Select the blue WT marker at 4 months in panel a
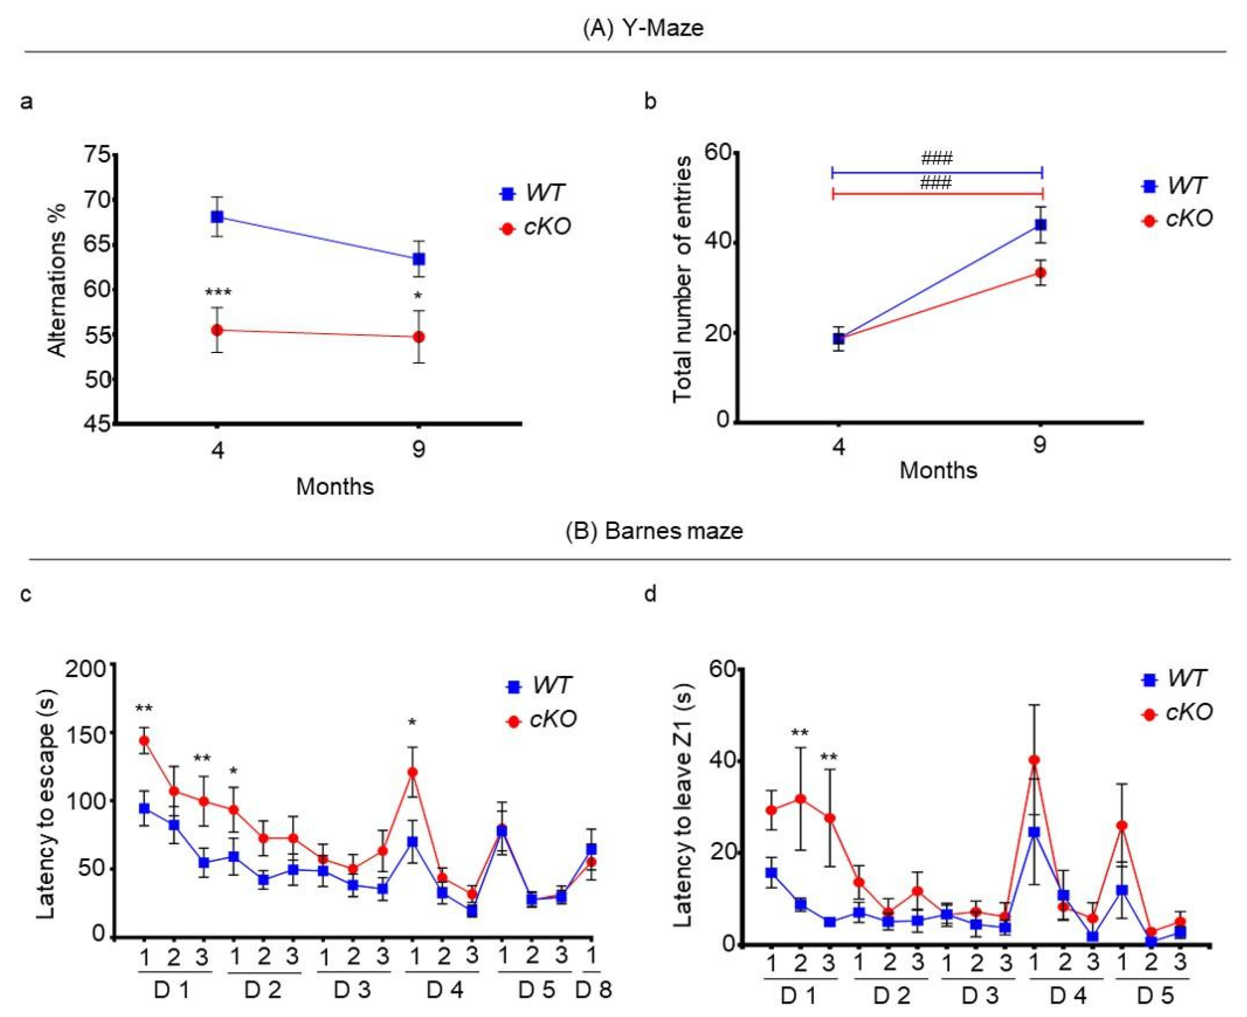coord(217,217)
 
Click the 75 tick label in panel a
coord(97,155)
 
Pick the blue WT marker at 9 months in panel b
coord(1040,225)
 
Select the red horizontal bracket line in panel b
coord(937,193)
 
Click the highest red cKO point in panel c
coord(143,741)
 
